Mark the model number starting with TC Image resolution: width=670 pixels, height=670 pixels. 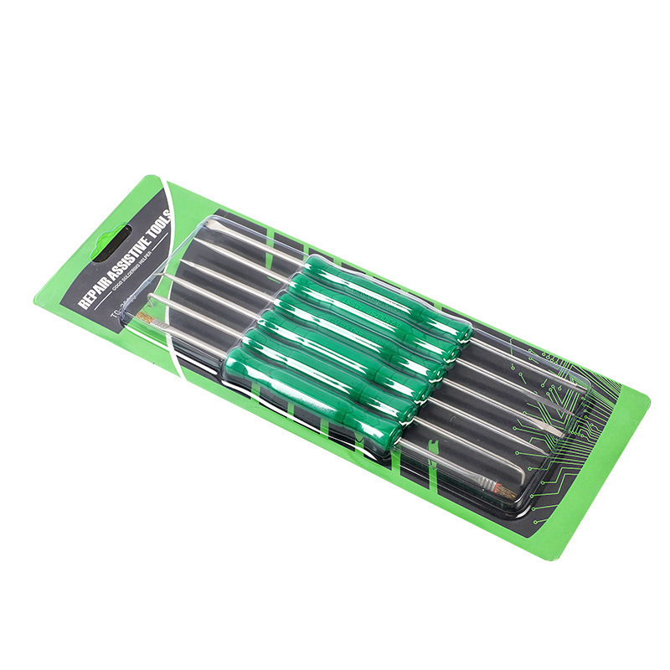(x=117, y=315)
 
